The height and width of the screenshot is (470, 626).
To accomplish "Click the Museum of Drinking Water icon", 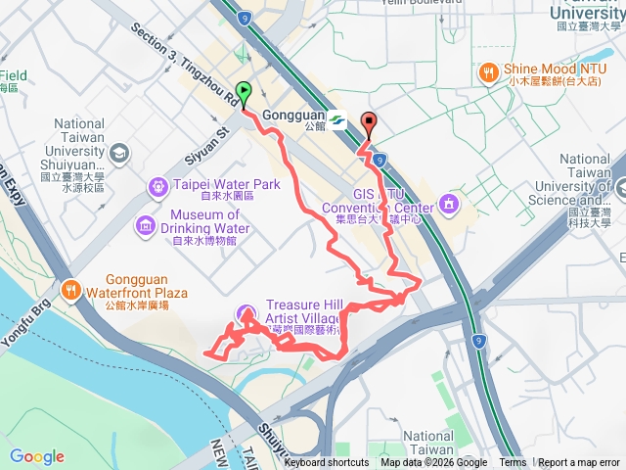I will pos(146,227).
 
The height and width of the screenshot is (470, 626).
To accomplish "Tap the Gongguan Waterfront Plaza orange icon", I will pos(70,290).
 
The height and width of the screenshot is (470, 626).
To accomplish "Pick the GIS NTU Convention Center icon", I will pos(449,204).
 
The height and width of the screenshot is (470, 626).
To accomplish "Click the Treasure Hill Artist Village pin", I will pos(243,313).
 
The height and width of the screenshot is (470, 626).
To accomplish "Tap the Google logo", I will pos(37,456).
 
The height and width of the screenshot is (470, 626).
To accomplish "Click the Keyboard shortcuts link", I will pos(327,463).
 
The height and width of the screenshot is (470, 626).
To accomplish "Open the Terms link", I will pos(513,463).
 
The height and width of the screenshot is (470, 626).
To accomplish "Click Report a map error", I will pos(579,463).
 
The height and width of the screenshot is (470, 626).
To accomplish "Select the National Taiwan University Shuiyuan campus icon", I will pos(118,154).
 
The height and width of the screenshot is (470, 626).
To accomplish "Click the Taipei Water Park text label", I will pos(226,185).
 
